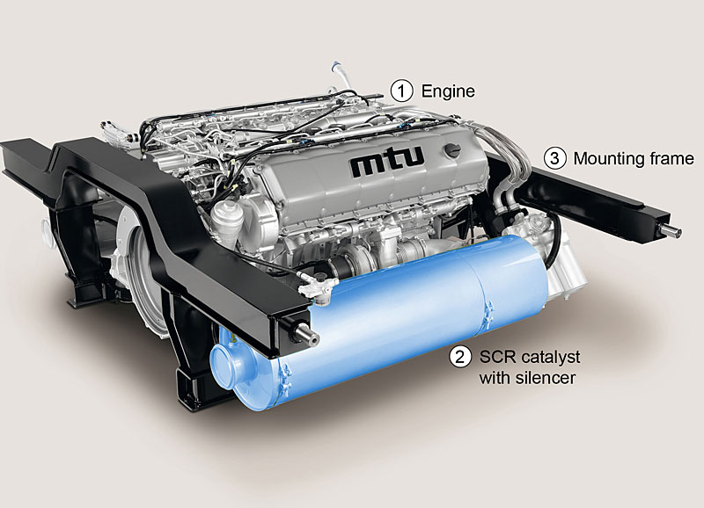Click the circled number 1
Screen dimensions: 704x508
[x=401, y=91]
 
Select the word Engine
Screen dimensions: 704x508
[x=448, y=91]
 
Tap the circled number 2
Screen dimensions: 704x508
[x=460, y=358]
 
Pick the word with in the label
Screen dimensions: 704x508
[x=495, y=378]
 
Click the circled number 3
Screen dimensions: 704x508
[x=555, y=159]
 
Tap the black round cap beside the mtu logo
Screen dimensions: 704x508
[x=451, y=150]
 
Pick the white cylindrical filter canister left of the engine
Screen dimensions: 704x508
[x=227, y=222]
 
